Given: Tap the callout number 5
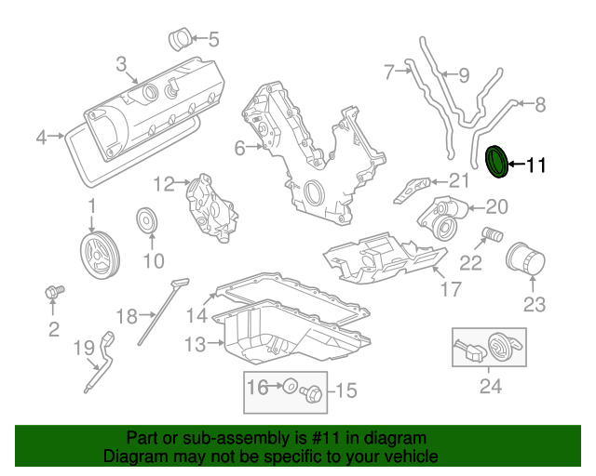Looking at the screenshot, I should click(x=213, y=39).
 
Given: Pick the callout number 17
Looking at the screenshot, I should click(x=451, y=289).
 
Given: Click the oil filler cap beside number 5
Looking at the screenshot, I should click(x=180, y=40).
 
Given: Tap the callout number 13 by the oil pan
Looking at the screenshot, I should click(x=194, y=345).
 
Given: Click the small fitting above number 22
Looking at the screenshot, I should click(x=491, y=232).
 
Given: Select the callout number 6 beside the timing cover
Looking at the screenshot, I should click(x=239, y=147).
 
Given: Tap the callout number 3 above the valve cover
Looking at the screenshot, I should click(x=121, y=63).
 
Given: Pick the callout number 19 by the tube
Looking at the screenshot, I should click(x=84, y=348).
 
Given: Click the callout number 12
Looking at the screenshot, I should click(x=164, y=184).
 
